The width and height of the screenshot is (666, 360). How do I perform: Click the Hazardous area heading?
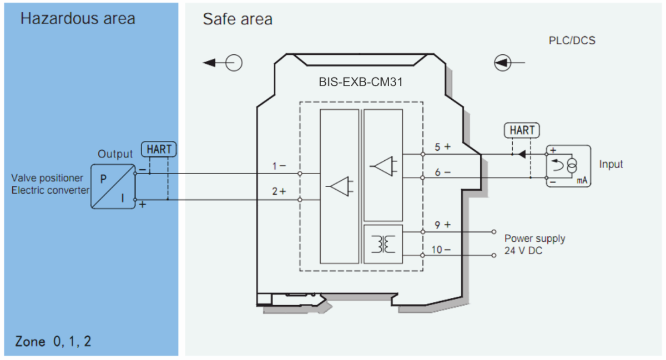78,18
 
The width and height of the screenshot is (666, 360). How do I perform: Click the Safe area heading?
237,19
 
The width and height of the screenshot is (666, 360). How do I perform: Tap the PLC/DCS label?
572,40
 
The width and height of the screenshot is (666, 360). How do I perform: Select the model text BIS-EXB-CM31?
360,82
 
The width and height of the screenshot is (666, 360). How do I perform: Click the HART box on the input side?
522,130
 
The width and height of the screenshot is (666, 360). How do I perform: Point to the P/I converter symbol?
113,186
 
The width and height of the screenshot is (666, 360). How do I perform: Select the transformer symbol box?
383,244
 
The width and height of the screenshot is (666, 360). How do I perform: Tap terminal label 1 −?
279,166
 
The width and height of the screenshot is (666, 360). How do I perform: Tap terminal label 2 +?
279,191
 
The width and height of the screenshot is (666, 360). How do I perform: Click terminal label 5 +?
442,147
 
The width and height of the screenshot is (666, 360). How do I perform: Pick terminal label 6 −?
442,172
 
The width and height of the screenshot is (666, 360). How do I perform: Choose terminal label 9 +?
442,225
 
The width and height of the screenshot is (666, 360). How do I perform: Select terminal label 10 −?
441,250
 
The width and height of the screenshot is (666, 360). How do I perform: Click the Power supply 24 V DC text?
534,244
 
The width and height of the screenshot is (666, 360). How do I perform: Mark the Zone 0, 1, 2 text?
53,341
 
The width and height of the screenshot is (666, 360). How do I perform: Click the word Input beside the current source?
610,164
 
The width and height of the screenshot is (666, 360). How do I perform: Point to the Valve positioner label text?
47,178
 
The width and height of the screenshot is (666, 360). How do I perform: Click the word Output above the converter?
115,154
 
